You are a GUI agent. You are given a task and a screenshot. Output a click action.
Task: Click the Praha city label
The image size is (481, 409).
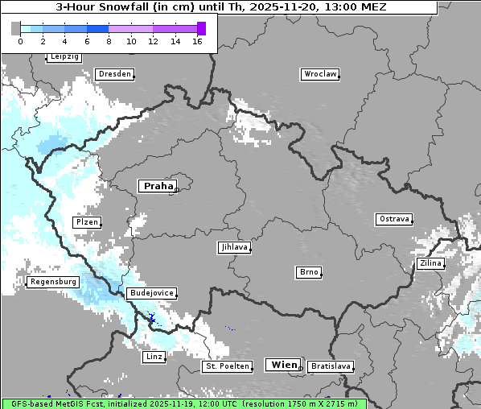(158, 186)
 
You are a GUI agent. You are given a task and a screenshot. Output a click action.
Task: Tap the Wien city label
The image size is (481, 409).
(284, 365)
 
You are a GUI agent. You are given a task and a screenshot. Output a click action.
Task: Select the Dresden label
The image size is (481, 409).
(114, 74)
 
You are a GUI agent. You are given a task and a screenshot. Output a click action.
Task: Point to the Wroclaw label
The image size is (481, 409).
(319, 74)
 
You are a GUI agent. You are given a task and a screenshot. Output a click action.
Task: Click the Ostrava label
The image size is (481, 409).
(394, 219)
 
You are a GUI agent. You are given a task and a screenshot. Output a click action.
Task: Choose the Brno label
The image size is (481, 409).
(309, 272)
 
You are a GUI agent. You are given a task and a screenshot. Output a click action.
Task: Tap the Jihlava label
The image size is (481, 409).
(233, 248)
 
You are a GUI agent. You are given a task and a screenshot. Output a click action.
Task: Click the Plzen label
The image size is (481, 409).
(86, 222)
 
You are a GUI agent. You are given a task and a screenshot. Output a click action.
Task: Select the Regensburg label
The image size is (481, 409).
(53, 282)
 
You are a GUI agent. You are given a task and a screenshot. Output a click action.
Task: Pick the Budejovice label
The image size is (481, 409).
(150, 293)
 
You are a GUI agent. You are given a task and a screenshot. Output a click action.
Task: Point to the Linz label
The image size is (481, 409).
(153, 356)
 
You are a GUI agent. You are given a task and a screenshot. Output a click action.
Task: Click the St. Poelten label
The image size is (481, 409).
(226, 366)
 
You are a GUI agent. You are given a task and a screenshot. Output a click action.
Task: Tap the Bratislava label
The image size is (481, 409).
(330, 366)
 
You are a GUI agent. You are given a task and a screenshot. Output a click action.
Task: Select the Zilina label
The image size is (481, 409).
(430, 263)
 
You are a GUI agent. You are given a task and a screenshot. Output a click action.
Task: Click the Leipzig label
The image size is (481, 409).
(64, 57)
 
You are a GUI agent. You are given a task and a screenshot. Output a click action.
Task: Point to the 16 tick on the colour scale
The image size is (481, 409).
(197, 41)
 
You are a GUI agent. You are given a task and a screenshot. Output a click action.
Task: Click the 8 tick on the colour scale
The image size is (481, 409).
(109, 41)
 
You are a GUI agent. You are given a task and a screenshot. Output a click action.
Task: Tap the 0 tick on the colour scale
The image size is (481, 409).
(20, 41)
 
